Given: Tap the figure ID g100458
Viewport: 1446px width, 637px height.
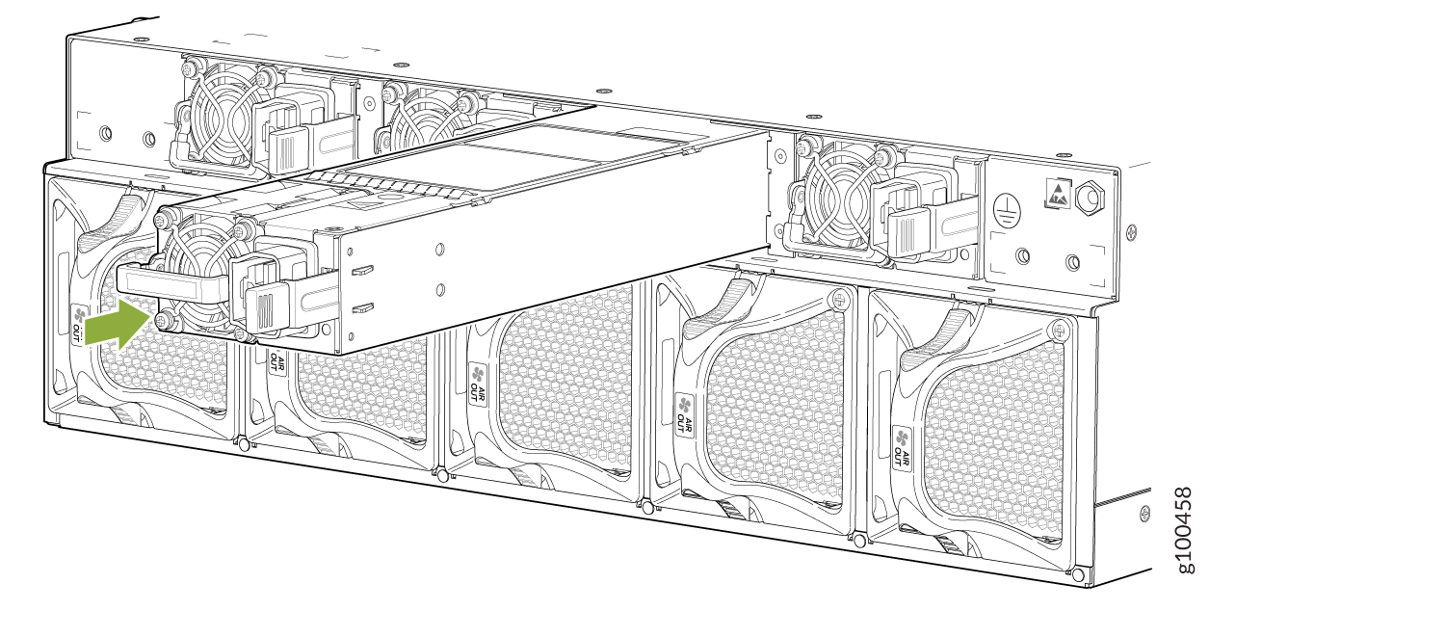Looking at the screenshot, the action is coord(1185,530).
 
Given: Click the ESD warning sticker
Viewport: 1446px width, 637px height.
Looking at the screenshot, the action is coord(1058,194).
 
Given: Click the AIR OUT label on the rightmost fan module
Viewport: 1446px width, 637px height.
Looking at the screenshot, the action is coord(903,446).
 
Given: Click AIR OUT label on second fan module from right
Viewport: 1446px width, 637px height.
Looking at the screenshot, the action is coord(685,416).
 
